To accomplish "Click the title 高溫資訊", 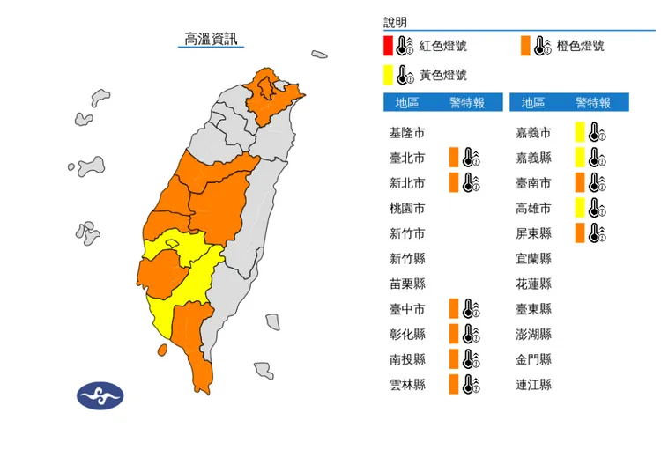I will [x=211, y=39].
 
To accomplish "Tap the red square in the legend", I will [x=388, y=46].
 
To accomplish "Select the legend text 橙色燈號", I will [x=580, y=46].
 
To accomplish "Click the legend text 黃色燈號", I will [x=442, y=75].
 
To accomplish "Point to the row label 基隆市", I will [x=406, y=133].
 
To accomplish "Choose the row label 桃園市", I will [x=406, y=209].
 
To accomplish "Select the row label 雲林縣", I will [x=406, y=385].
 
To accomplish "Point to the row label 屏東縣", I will [x=533, y=233].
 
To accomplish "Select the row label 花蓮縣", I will [x=533, y=284].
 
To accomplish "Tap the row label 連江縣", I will [x=533, y=385].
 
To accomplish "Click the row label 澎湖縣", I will [x=533, y=335].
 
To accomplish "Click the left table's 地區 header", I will [x=406, y=103].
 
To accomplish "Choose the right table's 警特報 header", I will [x=592, y=103].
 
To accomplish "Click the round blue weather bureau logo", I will [x=100, y=395].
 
